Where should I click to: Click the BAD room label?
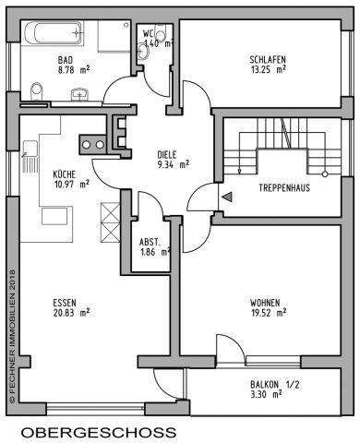pyautogui.click(x=65, y=57)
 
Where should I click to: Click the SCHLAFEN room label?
pyautogui.click(x=268, y=57)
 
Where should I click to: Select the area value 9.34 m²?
pyautogui.click(x=173, y=165)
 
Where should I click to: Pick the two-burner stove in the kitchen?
pyautogui.click(x=91, y=144)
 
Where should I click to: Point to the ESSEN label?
pyautogui.click(x=62, y=301)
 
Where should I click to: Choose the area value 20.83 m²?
pyautogui.click(x=70, y=312)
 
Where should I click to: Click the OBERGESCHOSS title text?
pyautogui.click(x=98, y=432)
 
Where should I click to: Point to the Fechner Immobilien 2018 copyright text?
pyautogui.click(x=11, y=337)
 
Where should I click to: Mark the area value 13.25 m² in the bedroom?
pyautogui.click(x=268, y=67)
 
